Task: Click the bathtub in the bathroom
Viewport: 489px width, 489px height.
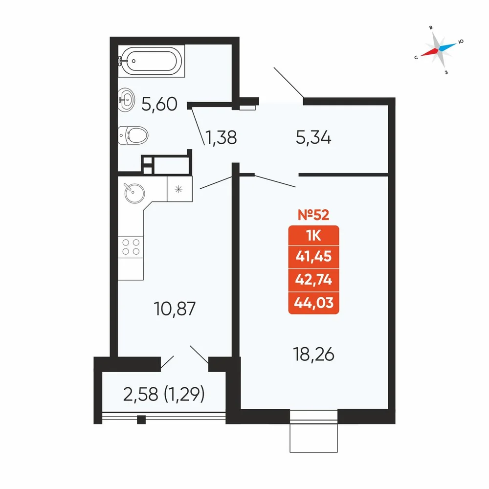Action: point(151,61)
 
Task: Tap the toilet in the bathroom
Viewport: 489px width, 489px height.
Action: point(133,135)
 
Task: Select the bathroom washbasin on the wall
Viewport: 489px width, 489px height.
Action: point(126,100)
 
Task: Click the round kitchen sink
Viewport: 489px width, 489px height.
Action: point(134,193)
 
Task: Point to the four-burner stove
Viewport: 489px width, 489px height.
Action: point(131,247)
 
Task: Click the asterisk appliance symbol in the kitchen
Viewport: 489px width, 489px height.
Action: point(178,189)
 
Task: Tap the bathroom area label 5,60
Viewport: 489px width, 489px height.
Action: point(159,104)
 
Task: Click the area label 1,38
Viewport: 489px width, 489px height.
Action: point(221,137)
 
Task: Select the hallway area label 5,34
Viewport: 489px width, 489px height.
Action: point(313,137)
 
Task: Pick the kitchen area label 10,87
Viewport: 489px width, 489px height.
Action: point(175,309)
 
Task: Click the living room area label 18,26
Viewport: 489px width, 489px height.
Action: point(314,355)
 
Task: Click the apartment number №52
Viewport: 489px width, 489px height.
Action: point(313,215)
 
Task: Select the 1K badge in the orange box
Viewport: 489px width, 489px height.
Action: point(314,236)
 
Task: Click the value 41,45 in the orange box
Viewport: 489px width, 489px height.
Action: point(314,256)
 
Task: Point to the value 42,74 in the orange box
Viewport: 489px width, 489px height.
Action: point(314,279)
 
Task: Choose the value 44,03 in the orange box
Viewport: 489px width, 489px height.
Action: point(314,303)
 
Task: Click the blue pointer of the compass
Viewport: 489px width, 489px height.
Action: point(447,47)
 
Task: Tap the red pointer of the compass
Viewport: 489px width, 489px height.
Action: point(429,52)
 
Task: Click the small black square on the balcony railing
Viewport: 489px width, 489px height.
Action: point(141,420)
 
